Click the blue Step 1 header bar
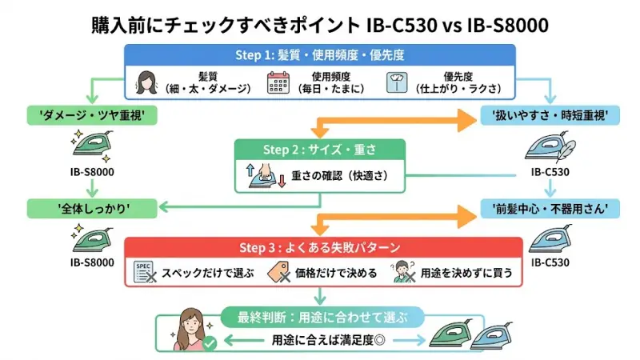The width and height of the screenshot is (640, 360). click(x=319, y=56)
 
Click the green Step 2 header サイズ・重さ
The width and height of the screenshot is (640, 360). click(x=319, y=150)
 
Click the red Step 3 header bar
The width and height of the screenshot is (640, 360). click(x=319, y=248)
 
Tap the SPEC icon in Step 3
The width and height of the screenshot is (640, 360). click(x=145, y=272)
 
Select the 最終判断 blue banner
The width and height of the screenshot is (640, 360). click(x=319, y=315)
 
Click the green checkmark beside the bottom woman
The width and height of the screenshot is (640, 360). click(x=209, y=342)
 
